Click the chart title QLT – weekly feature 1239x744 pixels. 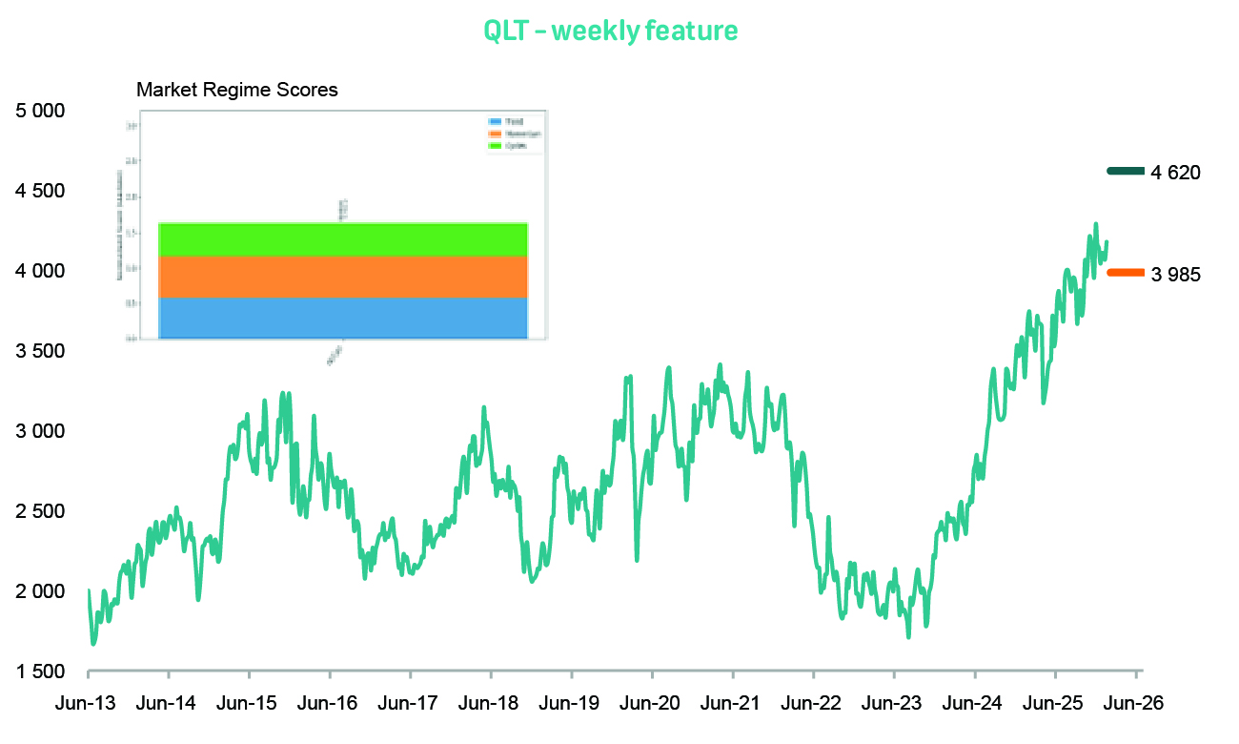click(610, 31)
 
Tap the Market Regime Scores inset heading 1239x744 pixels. click(237, 91)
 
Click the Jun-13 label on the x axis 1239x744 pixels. click(88, 703)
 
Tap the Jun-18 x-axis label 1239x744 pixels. click(490, 703)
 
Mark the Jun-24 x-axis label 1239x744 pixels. click(973, 703)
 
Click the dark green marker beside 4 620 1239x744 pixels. click(1125, 172)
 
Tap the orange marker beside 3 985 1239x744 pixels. click(1125, 273)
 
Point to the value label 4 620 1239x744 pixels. click(1175, 173)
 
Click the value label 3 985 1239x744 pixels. click(1175, 275)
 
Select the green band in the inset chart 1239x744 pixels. click(343, 239)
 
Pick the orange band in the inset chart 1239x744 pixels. click(343, 277)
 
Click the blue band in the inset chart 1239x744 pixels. click(343, 318)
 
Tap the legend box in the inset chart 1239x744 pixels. click(514, 134)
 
